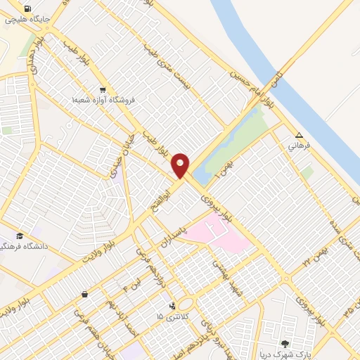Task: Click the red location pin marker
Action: (181, 165)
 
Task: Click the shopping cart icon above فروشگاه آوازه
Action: (103, 89)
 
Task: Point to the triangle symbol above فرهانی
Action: (300, 135)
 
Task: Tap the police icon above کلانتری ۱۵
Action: (172, 306)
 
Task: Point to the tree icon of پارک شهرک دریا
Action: (285, 344)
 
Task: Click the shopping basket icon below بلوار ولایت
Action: (85, 294)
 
